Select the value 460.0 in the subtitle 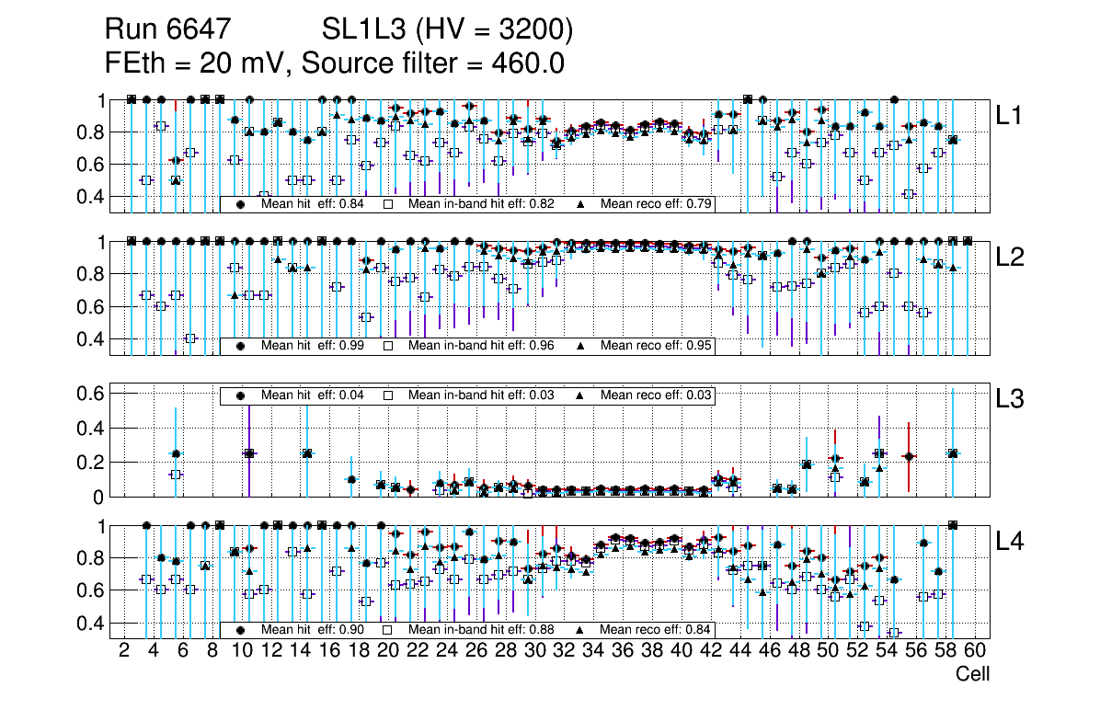(528, 63)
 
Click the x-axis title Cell (972, 674)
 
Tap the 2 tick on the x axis (124, 652)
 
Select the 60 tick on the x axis (975, 652)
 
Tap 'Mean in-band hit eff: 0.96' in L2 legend (480, 346)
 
